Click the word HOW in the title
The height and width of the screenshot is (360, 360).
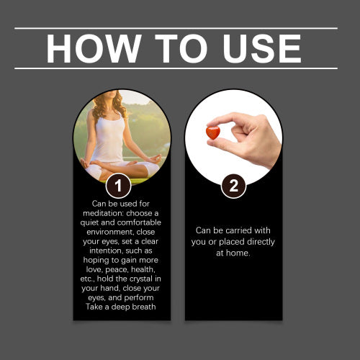point(94,48)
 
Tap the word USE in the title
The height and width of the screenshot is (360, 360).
point(262,48)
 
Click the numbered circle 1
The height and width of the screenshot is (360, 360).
point(118,186)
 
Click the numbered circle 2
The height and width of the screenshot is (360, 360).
point(233,186)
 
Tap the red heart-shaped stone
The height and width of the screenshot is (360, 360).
point(213,132)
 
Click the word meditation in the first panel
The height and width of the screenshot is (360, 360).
point(103,213)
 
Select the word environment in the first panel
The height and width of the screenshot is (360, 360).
point(110,232)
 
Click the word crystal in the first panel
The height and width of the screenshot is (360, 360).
point(141,279)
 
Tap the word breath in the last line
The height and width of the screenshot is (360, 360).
point(143,307)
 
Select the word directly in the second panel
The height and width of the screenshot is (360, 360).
point(261,242)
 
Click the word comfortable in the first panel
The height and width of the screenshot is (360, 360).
point(139,222)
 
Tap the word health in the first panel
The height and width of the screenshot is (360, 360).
point(143,269)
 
